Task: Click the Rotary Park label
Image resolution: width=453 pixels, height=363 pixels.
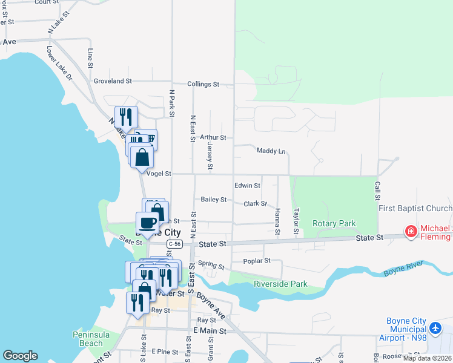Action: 334,223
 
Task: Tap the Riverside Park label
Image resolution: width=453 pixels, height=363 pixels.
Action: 280,284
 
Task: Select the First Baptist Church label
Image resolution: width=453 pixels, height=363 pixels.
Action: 415,209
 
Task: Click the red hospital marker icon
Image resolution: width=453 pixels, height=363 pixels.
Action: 411,231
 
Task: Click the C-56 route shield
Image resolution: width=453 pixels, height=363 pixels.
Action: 174,244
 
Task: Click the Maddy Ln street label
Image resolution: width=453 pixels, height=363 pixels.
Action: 271,151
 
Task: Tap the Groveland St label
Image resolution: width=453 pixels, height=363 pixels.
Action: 113,81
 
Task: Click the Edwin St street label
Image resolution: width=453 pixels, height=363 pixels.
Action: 247,186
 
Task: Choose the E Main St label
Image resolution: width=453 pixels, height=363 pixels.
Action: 209,331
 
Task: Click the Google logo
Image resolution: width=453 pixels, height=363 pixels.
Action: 20,356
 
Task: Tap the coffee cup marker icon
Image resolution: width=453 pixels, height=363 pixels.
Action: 147,222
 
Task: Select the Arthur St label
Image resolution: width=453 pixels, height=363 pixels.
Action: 213,138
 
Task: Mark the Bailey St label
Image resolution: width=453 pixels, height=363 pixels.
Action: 214,200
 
